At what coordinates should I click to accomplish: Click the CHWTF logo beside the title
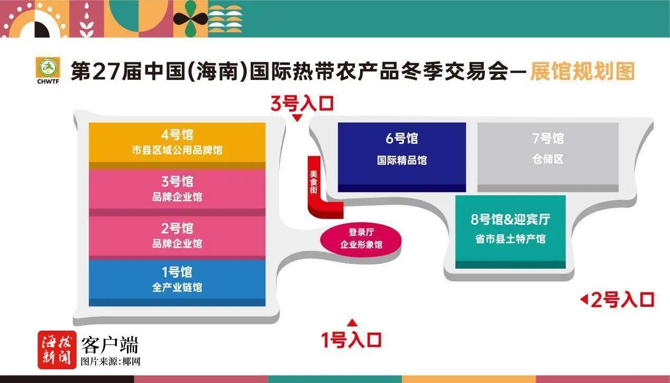tap(48, 70)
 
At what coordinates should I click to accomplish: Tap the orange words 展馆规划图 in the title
tap(582, 71)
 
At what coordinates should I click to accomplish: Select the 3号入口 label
tap(302, 104)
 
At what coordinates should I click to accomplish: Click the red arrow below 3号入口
tap(297, 118)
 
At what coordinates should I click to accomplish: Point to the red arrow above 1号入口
tap(352, 323)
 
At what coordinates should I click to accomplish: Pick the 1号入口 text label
tap(351, 340)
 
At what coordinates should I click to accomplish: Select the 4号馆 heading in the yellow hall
tap(177, 135)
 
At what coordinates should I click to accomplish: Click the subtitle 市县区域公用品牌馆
tap(177, 150)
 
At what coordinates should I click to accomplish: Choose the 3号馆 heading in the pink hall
tap(177, 181)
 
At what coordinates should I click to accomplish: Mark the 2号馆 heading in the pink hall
tap(177, 229)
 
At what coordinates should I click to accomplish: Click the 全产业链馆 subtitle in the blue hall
tap(177, 287)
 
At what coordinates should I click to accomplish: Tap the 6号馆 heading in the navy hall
tap(402, 138)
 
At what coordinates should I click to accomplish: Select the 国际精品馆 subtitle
tap(402, 160)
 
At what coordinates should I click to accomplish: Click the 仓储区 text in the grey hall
tap(548, 159)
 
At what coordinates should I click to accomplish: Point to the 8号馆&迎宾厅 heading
tap(510, 220)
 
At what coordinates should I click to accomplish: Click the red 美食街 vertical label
tap(314, 182)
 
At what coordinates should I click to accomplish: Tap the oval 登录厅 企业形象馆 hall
tap(361, 239)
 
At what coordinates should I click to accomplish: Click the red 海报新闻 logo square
tap(57, 350)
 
